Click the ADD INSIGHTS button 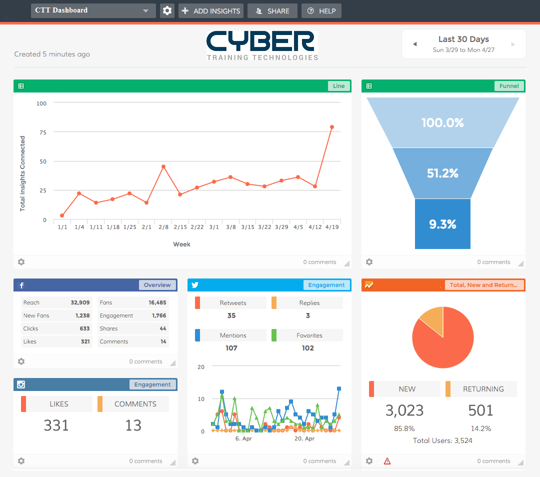pyautogui.click(x=210, y=10)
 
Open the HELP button pyautogui.click(x=321, y=10)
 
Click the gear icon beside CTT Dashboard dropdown pyautogui.click(x=167, y=10)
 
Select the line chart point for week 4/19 pyautogui.click(x=331, y=127)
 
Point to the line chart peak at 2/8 pyautogui.click(x=163, y=166)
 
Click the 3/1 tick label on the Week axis pyautogui.click(x=213, y=227)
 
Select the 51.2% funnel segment pyautogui.click(x=442, y=173)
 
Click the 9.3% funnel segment pyautogui.click(x=442, y=224)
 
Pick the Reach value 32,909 pyautogui.click(x=80, y=302)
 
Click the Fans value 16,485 pyautogui.click(x=157, y=302)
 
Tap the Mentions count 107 pyautogui.click(x=231, y=348)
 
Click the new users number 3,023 pyautogui.click(x=404, y=410)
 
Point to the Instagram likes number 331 pyautogui.click(x=56, y=425)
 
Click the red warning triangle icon pyautogui.click(x=387, y=461)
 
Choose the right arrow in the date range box pyautogui.click(x=512, y=44)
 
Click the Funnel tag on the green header pyautogui.click(x=509, y=86)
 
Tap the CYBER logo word pyautogui.click(x=261, y=41)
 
